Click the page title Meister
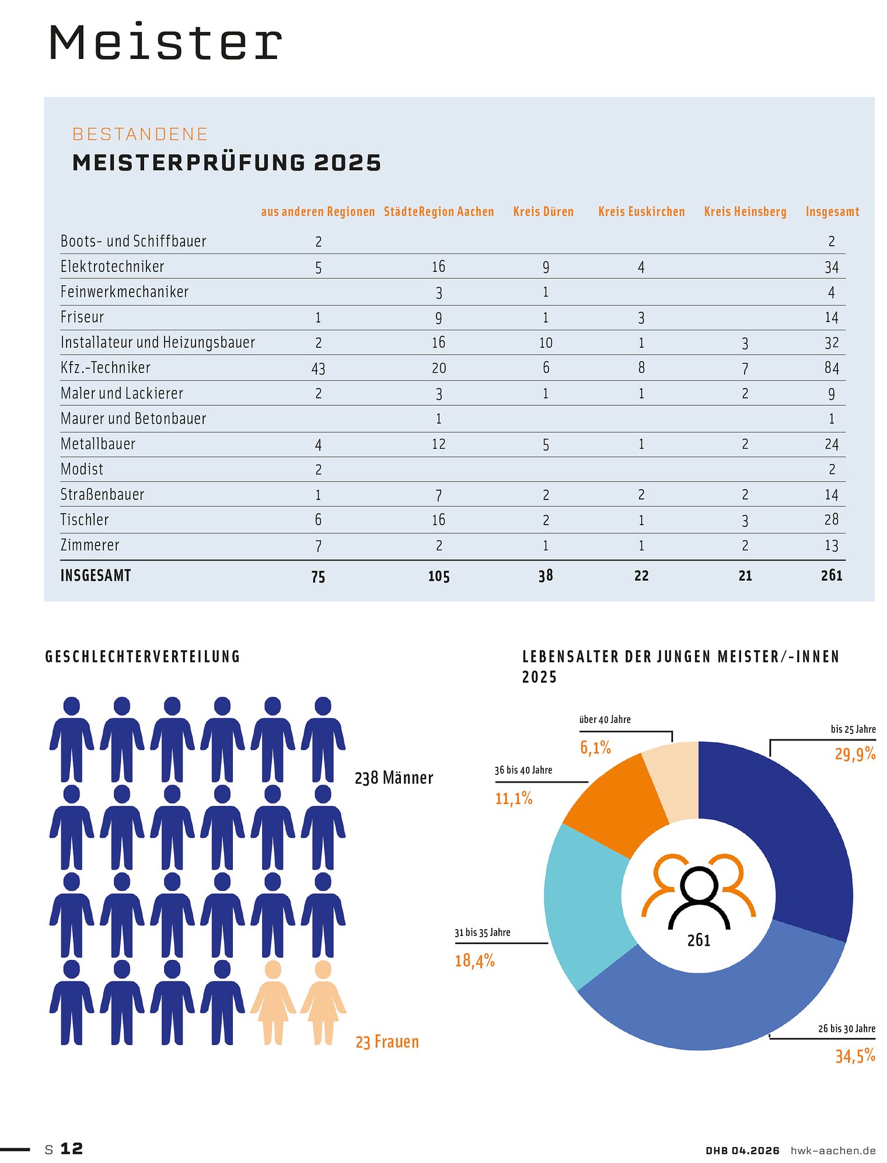pyautogui.click(x=165, y=42)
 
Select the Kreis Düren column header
pyautogui.click(x=543, y=212)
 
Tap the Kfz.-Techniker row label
pyautogui.click(x=106, y=368)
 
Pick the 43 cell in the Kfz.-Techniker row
pyautogui.click(x=318, y=369)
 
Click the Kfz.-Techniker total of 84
pyautogui.click(x=832, y=368)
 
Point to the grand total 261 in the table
pyautogui.click(x=832, y=576)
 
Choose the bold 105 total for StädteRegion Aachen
pyautogui.click(x=439, y=577)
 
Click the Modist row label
pyautogui.click(x=82, y=469)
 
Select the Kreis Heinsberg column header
pyautogui.click(x=745, y=212)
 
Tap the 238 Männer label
pyautogui.click(x=394, y=778)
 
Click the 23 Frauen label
pyautogui.click(x=387, y=1042)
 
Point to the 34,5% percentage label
pyautogui.click(x=855, y=1056)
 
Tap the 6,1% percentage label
pyautogui.click(x=595, y=748)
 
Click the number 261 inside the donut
pyautogui.click(x=699, y=940)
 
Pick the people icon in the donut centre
pyautogui.click(x=699, y=890)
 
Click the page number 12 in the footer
pyautogui.click(x=71, y=1148)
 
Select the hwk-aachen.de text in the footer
pyautogui.click(x=833, y=1150)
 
